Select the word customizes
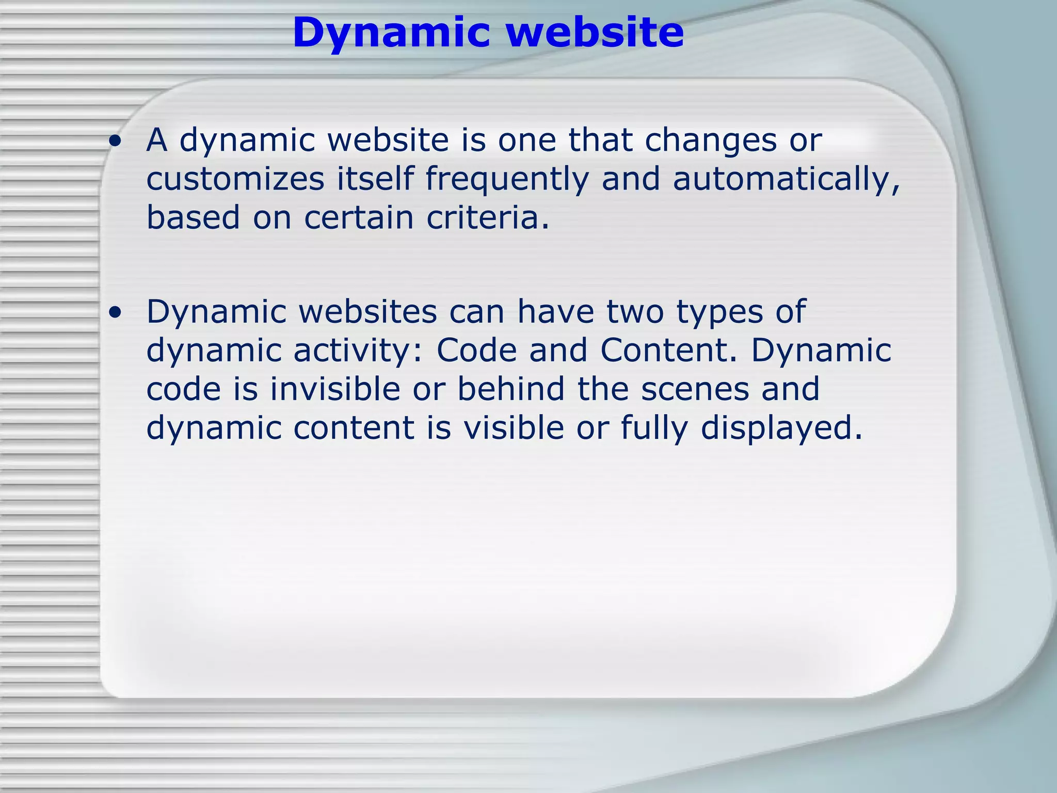pyautogui.click(x=235, y=179)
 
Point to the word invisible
pyautogui.click(x=335, y=389)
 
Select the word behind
pyautogui.click(x=511, y=389)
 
